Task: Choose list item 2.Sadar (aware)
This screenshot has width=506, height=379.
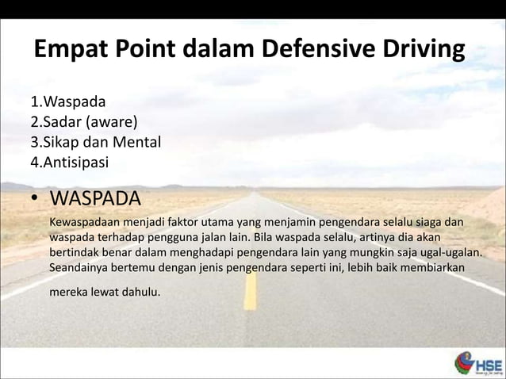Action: pyautogui.click(x=83, y=123)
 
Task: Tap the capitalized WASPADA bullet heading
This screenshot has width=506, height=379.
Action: pyautogui.click(x=95, y=197)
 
